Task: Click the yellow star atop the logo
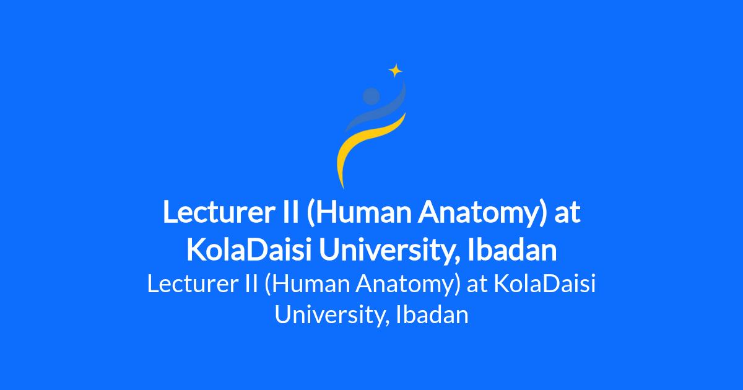pyautogui.click(x=396, y=71)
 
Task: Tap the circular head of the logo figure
pyautogui.click(x=371, y=96)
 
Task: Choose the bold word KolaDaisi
pyautogui.click(x=249, y=249)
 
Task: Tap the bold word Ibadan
pyautogui.click(x=512, y=249)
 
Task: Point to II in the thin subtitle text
pyautogui.click(x=251, y=284)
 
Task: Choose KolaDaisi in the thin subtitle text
pyautogui.click(x=544, y=284)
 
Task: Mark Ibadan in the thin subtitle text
pyautogui.click(x=432, y=314)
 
